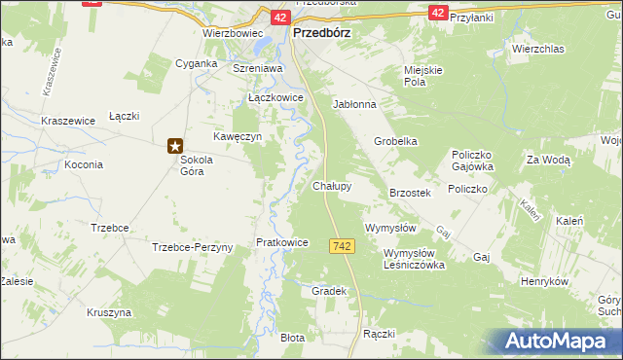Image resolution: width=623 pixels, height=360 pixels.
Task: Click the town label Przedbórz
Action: pos(321,31)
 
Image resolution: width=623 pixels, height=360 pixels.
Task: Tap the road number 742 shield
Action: pos(341,248)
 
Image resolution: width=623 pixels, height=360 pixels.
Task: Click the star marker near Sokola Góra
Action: pos(175,146)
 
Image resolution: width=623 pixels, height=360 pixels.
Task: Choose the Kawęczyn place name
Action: pos(239,137)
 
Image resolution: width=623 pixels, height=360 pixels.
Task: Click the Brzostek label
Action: pos(410,193)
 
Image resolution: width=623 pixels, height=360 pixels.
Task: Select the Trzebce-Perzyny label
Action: pos(193,247)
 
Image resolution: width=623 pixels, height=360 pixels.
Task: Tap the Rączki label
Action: pos(378,334)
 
